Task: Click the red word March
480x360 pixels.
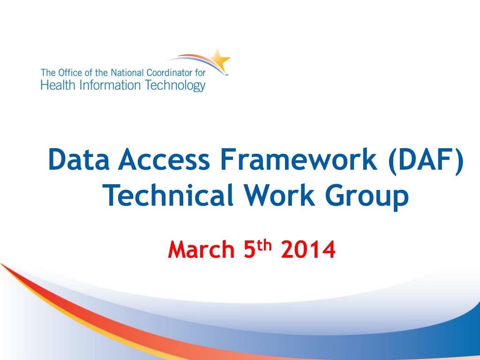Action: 201,250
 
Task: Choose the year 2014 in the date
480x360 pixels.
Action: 309,250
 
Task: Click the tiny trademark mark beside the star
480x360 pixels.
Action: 227,74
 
